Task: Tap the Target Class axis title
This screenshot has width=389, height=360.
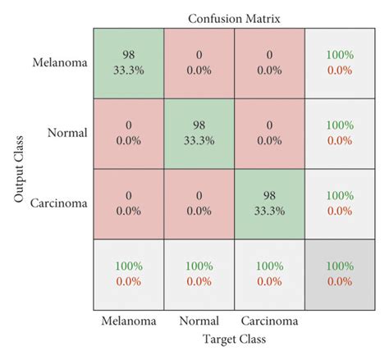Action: coord(233,338)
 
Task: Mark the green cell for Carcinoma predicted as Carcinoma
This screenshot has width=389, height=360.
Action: coord(269,203)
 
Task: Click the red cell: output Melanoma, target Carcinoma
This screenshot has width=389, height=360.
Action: coord(269,62)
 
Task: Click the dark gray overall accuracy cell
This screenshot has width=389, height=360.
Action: coord(340,274)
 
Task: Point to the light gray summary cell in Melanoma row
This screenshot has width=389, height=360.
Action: coord(340,62)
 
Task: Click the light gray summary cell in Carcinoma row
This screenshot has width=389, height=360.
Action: coord(340,203)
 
